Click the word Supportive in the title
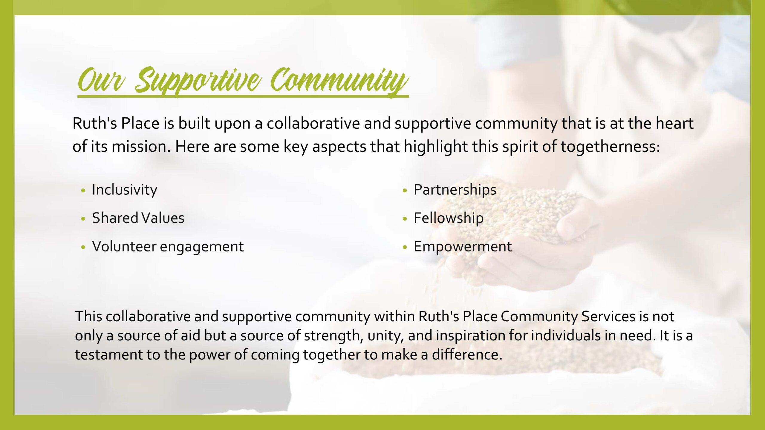tap(198, 81)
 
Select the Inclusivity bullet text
tap(125, 190)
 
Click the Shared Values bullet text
tap(138, 218)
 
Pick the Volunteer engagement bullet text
tap(168, 247)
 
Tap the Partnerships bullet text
tap(455, 190)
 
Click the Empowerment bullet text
tap(463, 247)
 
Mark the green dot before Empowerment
tap(405, 247)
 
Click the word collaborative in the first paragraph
tap(313, 123)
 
